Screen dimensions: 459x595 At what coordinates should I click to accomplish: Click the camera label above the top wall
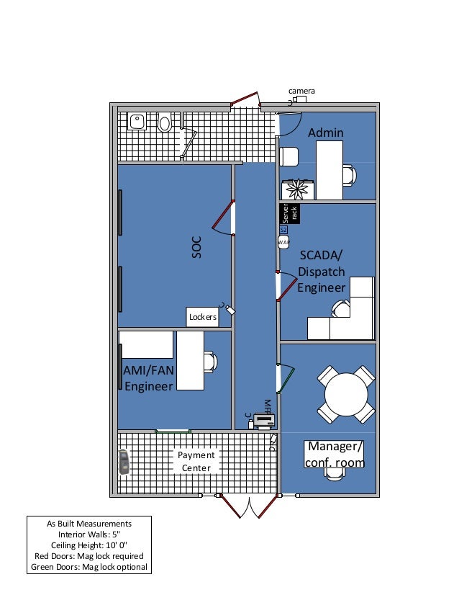301,91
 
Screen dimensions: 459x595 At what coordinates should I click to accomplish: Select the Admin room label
326,133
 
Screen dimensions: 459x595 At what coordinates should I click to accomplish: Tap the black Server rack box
288,213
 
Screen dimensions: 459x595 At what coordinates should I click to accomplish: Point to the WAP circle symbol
283,242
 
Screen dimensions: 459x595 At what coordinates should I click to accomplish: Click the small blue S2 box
283,229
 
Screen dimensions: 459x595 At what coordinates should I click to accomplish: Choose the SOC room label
197,247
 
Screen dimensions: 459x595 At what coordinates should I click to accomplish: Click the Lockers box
202,316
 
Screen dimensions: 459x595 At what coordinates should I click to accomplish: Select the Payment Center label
196,462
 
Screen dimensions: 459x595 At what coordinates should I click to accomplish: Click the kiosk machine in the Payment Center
124,462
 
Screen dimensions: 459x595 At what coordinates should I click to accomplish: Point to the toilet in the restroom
165,123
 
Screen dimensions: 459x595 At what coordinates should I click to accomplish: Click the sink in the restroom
137,121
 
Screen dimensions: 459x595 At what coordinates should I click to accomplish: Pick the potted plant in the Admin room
297,189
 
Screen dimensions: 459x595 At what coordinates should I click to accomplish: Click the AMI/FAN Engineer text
149,377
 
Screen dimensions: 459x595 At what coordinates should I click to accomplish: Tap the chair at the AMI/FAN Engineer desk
209,361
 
